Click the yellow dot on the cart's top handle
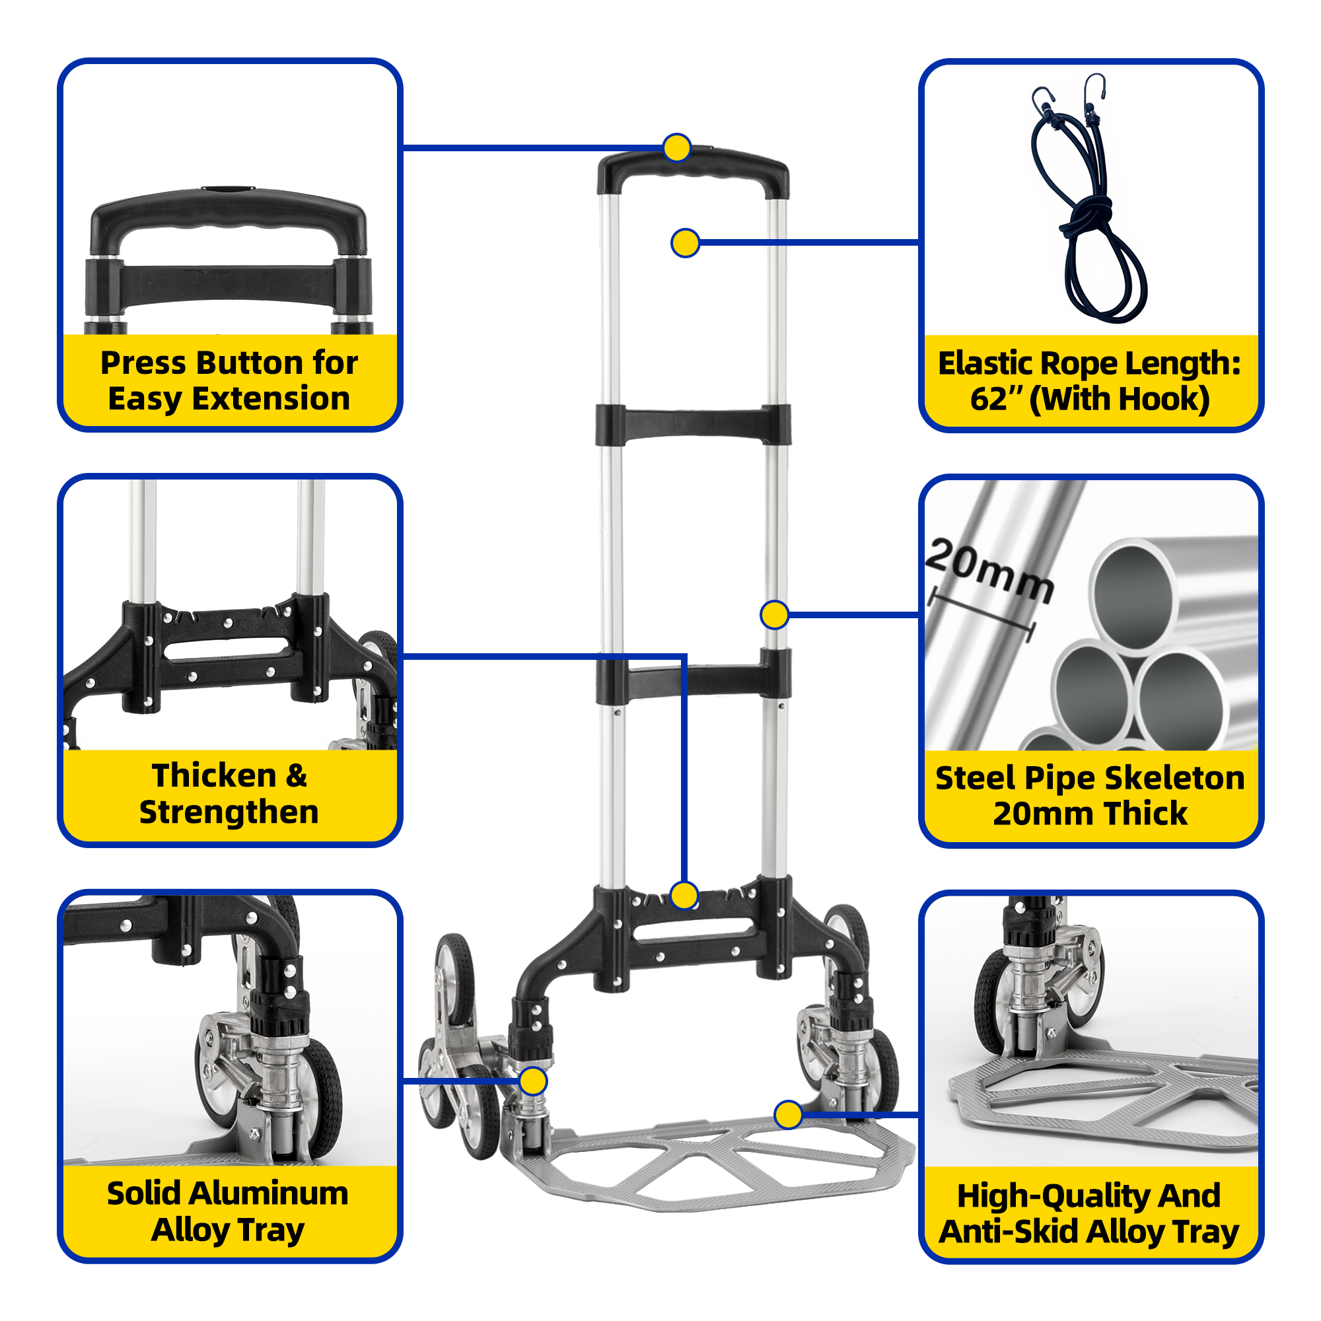677,148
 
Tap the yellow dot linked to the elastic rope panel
685,242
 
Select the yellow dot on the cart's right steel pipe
774,615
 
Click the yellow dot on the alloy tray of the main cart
789,1115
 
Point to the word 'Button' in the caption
250,363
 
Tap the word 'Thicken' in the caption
213,775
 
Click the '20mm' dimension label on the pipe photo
989,571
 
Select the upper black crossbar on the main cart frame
694,425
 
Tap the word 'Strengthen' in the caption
229,812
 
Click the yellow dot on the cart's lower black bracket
684,895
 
